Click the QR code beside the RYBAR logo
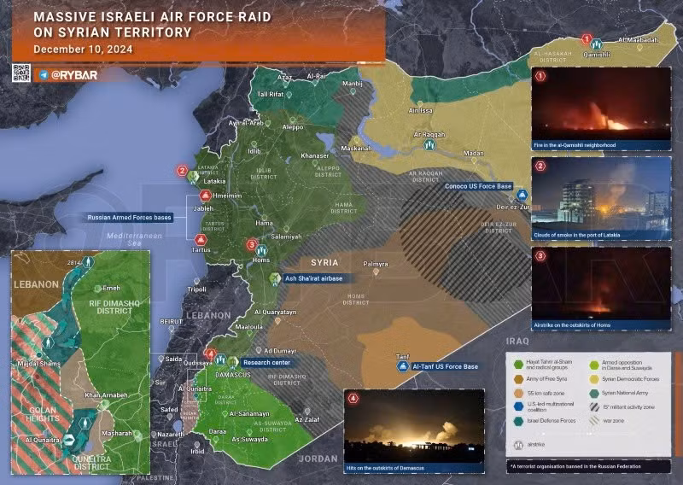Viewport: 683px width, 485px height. pyautogui.click(x=22, y=74)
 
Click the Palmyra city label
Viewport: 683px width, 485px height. pyautogui.click(x=376, y=263)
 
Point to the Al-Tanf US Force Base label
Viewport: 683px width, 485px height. pyautogui.click(x=443, y=366)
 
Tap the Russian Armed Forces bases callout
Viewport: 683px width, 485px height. pyautogui.click(x=129, y=218)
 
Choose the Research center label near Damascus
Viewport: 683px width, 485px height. pyautogui.click(x=266, y=361)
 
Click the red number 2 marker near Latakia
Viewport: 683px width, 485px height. pyautogui.click(x=182, y=171)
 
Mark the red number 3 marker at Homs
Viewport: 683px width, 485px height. pyautogui.click(x=251, y=245)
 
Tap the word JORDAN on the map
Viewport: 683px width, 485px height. pyautogui.click(x=318, y=459)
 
